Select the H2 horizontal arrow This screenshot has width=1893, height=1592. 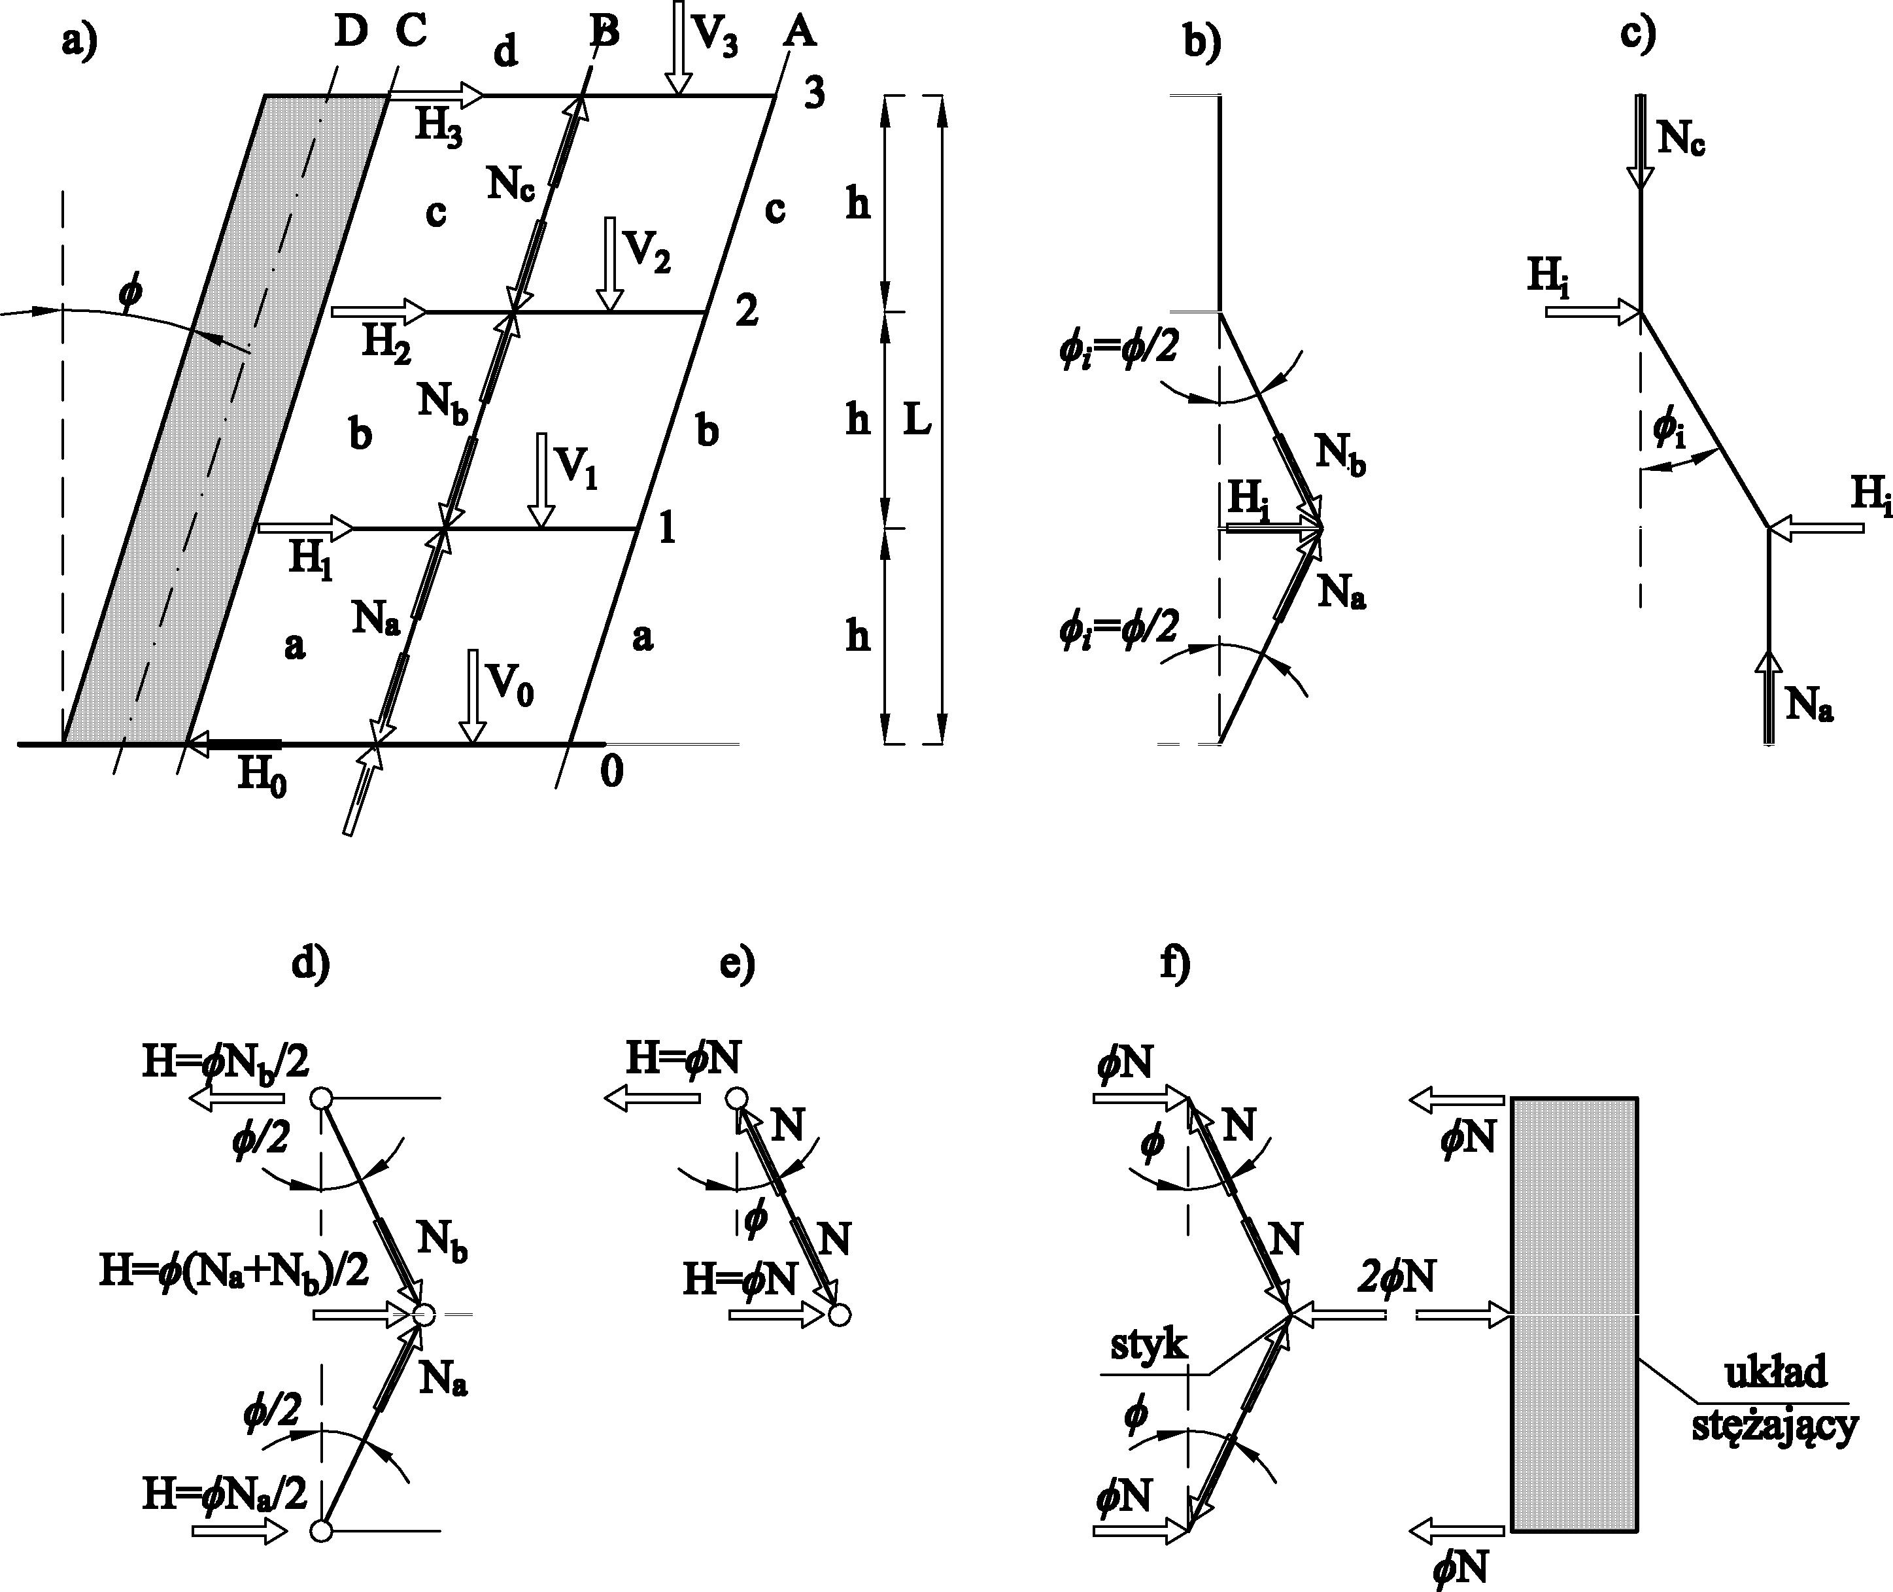click(x=379, y=311)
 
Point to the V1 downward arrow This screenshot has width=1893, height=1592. click(x=541, y=478)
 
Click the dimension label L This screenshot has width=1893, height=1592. click(x=917, y=421)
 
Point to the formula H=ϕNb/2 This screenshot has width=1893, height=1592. click(x=226, y=1062)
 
